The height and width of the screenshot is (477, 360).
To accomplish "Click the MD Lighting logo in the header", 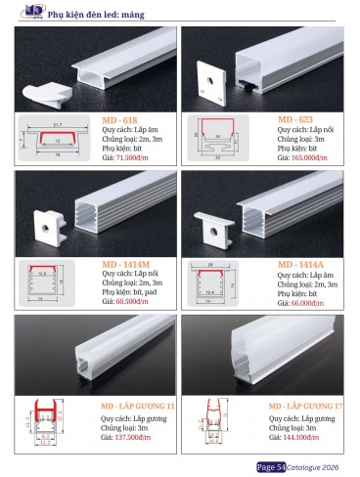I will pyautogui.click(x=18, y=13).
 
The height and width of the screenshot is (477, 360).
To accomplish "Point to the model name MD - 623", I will pyautogui.click(x=296, y=118).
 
